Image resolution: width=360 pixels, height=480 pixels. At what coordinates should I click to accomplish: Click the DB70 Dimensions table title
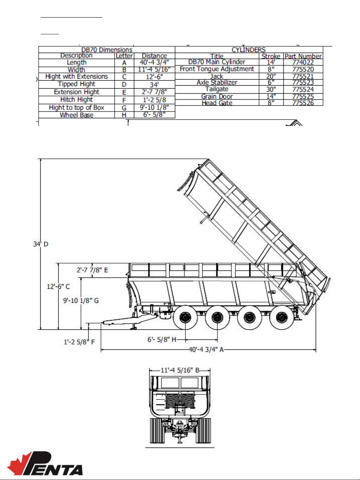[x=107, y=50]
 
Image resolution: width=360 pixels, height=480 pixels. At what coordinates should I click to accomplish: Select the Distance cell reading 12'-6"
[x=154, y=77]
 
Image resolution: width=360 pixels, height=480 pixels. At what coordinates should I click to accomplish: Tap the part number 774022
[x=303, y=62]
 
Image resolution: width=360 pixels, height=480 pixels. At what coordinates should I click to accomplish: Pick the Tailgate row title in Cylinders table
[x=216, y=89]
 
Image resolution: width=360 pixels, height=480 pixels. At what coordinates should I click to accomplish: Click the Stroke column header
[x=271, y=56]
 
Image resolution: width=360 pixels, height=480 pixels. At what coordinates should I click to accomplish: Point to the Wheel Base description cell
[x=77, y=115]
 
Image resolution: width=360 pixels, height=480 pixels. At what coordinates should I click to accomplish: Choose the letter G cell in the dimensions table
[x=124, y=108]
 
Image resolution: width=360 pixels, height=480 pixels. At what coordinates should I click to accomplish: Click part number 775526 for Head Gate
[x=303, y=103]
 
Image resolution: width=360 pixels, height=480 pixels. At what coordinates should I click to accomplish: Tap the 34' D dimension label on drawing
[x=41, y=244]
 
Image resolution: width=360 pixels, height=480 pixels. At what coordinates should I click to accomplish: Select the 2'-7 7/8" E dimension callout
[x=92, y=270]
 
